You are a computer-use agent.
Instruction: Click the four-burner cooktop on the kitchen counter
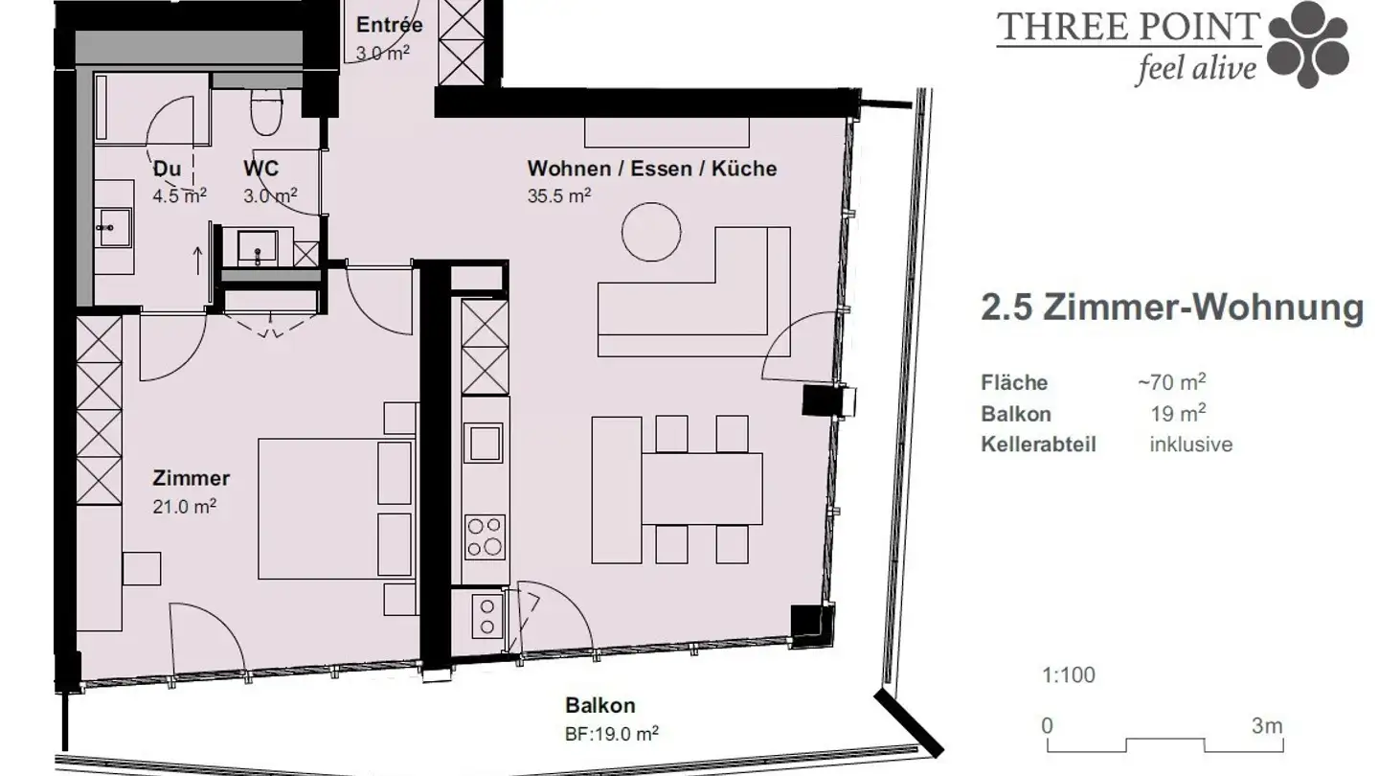point(484,536)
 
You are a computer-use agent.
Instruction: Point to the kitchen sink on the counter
point(484,444)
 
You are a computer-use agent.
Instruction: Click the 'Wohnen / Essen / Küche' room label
point(651,169)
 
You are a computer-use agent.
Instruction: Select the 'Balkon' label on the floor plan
point(599,706)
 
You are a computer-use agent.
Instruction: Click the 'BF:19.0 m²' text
point(611,734)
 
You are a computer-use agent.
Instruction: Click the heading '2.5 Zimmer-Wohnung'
point(1171,308)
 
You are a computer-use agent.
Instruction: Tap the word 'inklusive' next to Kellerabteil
point(1190,445)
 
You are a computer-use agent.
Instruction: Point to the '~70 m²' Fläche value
point(1170,382)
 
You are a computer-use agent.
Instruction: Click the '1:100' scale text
point(1068,675)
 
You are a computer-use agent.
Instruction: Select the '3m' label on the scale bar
point(1266,725)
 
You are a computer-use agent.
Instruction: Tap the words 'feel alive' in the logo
point(1194,70)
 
